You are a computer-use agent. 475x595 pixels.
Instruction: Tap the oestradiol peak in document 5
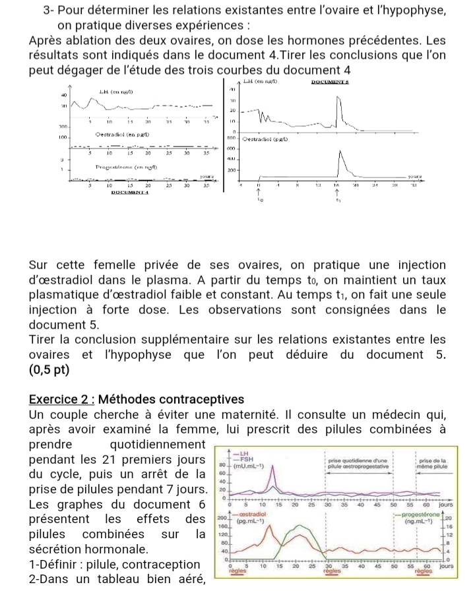(340, 152)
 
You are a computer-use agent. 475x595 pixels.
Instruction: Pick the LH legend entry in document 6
(243, 454)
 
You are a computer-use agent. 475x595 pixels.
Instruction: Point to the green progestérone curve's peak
(303, 526)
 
